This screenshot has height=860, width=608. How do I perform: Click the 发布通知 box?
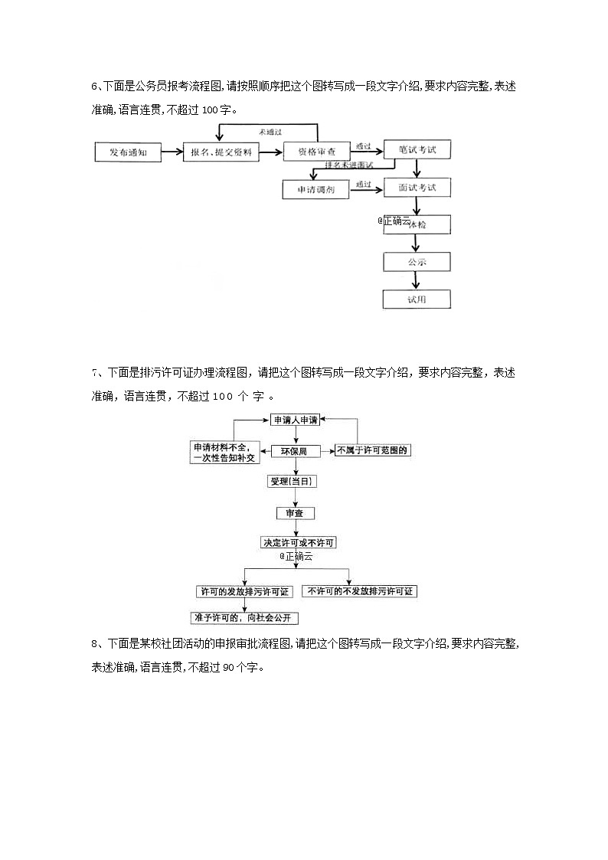[x=127, y=152]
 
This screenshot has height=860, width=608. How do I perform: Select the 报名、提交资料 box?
[x=221, y=152]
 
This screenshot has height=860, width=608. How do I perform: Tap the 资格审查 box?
[x=316, y=152]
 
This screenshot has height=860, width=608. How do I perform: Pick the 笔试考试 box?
[x=417, y=150]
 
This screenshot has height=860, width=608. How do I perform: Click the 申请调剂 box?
[x=315, y=189]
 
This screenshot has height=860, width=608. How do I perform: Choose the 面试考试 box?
[x=417, y=188]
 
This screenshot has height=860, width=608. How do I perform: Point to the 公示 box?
[x=417, y=262]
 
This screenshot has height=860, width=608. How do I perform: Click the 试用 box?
[x=417, y=299]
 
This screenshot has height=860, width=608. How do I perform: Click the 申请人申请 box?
[x=295, y=420]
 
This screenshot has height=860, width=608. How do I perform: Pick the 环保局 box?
[x=295, y=451]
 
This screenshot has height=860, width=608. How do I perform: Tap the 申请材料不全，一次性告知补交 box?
[x=226, y=452]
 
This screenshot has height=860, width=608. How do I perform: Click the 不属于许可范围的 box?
[x=372, y=450]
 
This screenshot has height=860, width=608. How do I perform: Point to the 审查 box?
[x=295, y=512]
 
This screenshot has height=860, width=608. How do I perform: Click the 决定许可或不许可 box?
[x=299, y=542]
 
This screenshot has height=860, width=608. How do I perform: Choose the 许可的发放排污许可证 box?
[x=244, y=591]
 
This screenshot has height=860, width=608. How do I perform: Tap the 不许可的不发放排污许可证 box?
[x=359, y=591]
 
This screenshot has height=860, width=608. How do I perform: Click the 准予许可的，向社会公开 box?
[x=244, y=617]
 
